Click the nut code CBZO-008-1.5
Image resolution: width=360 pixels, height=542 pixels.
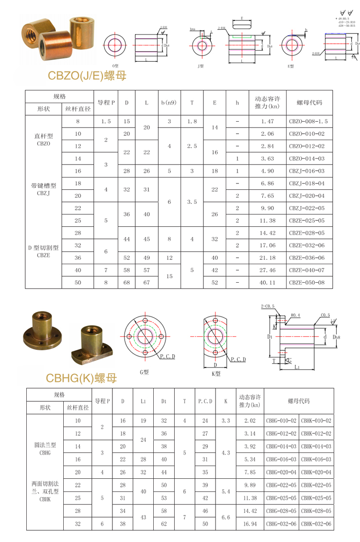[x=309, y=121]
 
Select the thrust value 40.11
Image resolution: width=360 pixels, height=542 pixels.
[x=268, y=282]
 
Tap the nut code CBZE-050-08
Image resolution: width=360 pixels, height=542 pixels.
[x=309, y=282]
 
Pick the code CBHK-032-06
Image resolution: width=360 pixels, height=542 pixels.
[x=316, y=524]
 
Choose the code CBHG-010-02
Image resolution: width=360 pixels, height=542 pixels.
[x=281, y=420]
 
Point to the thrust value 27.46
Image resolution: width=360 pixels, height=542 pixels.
[x=268, y=270]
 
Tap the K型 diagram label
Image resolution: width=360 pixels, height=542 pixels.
[x=216, y=374]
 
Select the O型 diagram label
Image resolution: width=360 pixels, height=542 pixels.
[x=116, y=65]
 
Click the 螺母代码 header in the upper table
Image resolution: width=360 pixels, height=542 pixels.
[x=309, y=103]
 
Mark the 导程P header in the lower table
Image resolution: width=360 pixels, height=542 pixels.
[x=102, y=401]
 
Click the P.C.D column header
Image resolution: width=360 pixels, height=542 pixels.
[x=205, y=401]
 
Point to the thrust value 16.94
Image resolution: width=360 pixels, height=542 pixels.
[x=250, y=524]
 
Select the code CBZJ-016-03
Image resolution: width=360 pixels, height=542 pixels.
[x=309, y=171]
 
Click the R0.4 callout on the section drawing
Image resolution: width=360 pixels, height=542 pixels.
[x=295, y=315]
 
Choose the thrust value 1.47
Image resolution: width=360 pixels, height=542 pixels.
[x=268, y=121]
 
